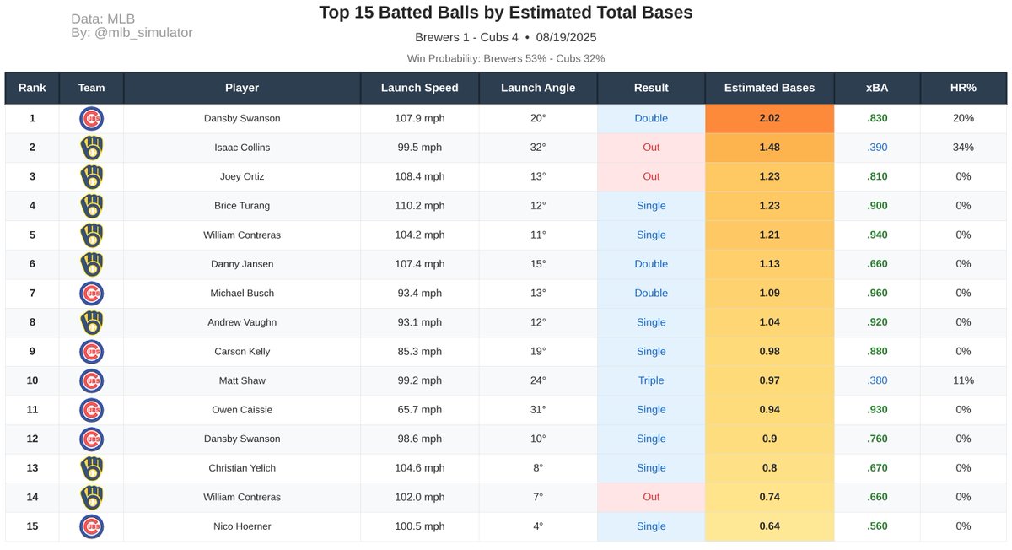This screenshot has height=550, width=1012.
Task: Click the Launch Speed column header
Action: (419, 88)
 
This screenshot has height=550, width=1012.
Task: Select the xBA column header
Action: (876, 88)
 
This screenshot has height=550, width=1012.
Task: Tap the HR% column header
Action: (963, 88)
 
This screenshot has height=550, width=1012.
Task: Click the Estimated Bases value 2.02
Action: (769, 118)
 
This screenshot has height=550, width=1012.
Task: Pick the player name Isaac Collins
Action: (242, 148)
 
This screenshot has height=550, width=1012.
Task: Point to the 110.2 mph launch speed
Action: (419, 206)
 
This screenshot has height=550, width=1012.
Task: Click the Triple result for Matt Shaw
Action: (650, 380)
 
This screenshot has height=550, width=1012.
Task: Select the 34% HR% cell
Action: (963, 148)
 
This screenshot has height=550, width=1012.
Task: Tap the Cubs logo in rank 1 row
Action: (91, 118)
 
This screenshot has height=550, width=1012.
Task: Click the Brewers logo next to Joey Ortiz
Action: (91, 177)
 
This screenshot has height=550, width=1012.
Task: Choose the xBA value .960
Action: (877, 294)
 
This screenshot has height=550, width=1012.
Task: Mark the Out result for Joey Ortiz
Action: (650, 177)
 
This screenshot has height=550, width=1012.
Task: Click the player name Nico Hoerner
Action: (242, 526)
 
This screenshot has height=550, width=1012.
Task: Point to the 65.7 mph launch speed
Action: (419, 410)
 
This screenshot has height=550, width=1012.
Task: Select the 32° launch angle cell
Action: (537, 148)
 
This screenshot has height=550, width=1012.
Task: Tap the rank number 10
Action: (32, 380)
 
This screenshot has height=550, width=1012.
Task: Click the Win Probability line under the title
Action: (506, 59)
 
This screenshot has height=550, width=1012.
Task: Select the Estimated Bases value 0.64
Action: (769, 526)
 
